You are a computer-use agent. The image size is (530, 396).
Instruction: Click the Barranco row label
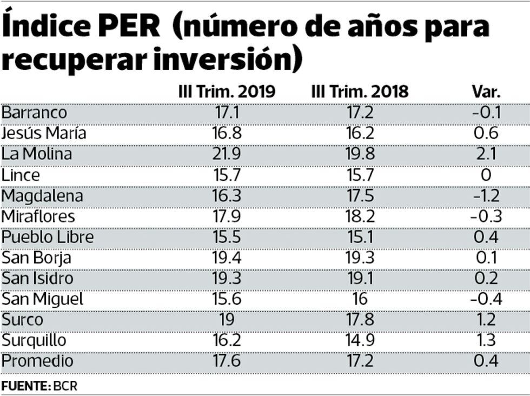35,113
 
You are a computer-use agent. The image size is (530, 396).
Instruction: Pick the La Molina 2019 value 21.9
227,154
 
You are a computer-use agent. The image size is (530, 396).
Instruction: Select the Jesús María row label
44,133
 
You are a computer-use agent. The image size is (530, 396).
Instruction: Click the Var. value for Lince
486,175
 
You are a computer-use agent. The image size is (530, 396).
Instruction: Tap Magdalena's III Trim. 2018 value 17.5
360,195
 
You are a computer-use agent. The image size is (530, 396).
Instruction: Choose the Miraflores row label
38,216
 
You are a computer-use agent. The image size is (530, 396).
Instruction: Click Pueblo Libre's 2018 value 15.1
360,237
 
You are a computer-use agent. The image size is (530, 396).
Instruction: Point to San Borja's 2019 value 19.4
227,258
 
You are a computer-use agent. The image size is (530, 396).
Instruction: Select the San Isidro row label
37,279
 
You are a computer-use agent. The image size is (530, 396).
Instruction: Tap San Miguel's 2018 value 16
360,299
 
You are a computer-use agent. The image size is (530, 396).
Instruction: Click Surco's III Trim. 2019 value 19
227,320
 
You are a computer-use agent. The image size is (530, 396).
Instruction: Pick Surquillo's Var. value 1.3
486,340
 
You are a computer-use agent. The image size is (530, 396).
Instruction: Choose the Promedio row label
37,361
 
